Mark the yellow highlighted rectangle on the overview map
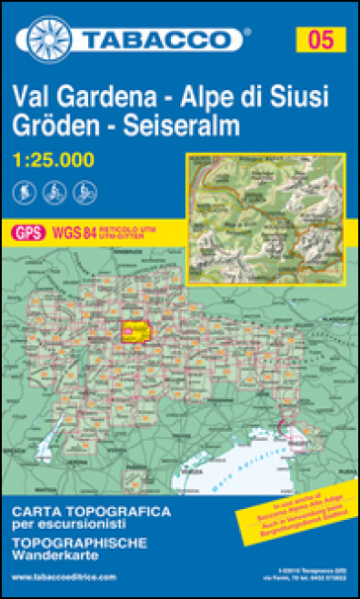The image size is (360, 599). pos(135,331)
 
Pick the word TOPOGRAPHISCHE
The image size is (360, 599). pos(82,544)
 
